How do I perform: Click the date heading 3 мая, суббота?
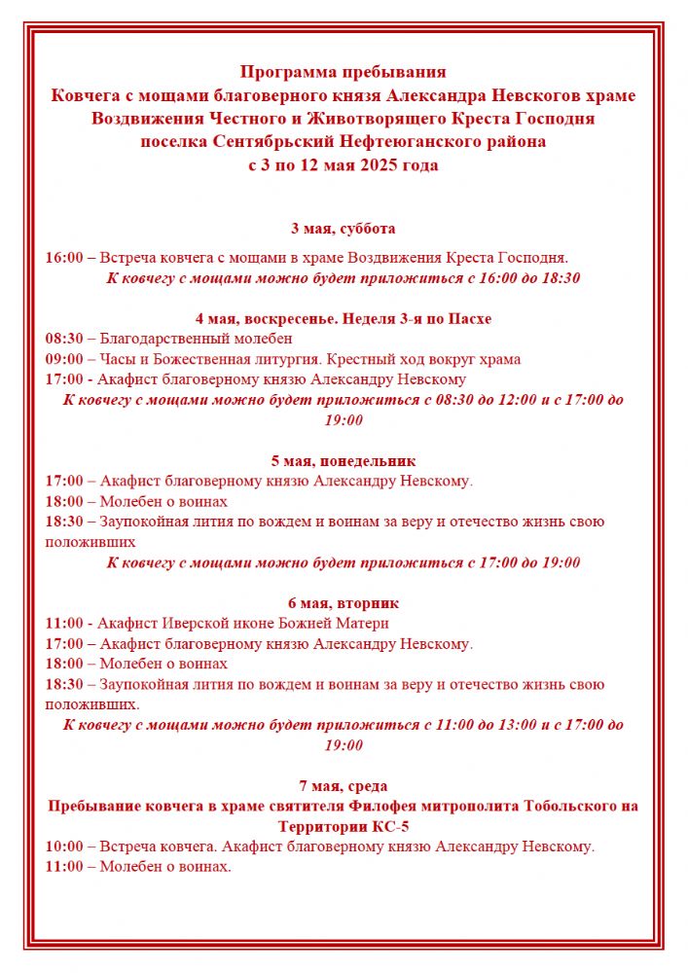(344, 229)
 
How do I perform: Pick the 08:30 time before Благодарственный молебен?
(64, 339)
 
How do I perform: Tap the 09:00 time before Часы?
(64, 359)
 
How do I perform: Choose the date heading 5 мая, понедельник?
(344, 460)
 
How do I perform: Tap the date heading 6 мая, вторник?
(344, 603)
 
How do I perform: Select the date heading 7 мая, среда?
(344, 786)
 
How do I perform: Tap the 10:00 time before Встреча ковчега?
(64, 847)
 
